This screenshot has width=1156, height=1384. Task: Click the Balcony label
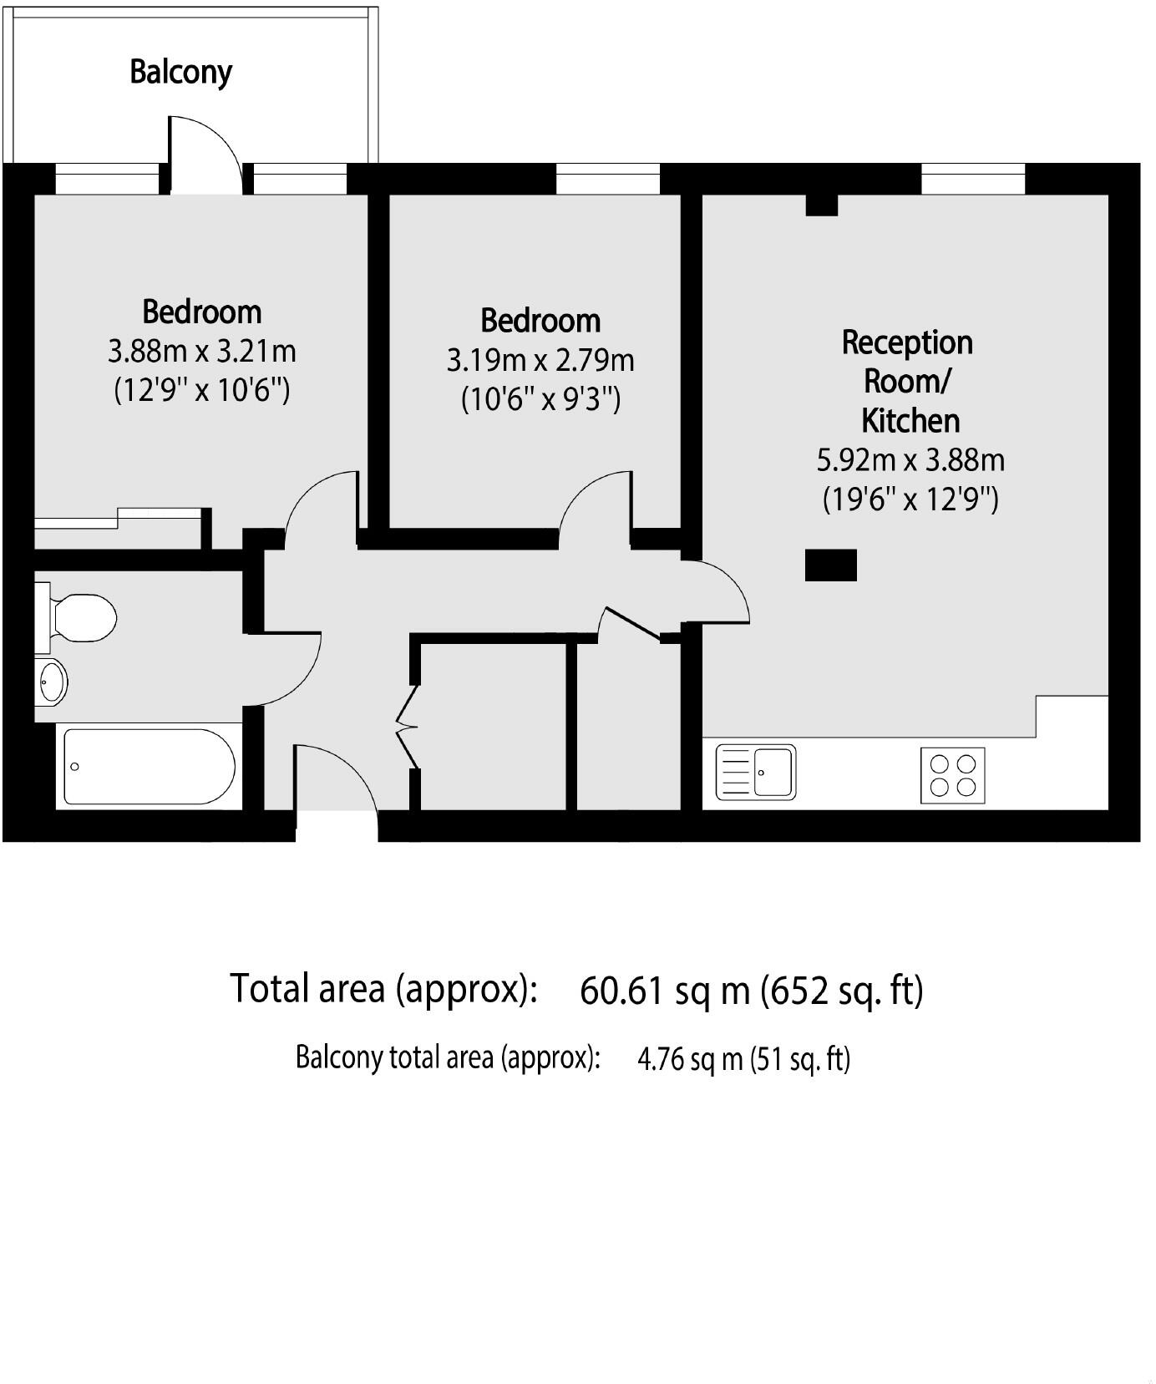click(x=180, y=72)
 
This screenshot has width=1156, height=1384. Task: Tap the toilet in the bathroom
click(x=82, y=618)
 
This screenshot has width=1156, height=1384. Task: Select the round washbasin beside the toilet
click(x=53, y=682)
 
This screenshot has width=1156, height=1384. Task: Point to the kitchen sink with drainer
click(x=757, y=772)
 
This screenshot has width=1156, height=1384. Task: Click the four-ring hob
click(x=952, y=775)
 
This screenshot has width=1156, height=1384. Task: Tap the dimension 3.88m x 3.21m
click(x=202, y=352)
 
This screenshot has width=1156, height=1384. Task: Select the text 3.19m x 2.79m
click(x=540, y=361)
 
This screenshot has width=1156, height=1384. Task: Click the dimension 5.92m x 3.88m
click(x=910, y=460)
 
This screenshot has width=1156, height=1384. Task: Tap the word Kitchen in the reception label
click(x=910, y=420)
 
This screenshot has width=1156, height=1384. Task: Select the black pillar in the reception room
click(x=830, y=565)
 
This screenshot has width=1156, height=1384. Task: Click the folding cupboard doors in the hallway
click(x=407, y=727)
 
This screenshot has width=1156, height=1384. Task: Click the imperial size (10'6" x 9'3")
click(x=540, y=400)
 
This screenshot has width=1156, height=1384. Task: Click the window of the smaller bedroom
click(x=607, y=179)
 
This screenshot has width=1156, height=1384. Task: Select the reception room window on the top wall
click(x=972, y=179)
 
